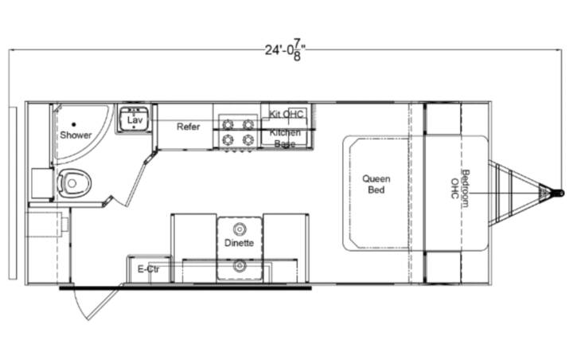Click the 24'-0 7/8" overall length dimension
286,49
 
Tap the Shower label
76,135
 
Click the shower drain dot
74,124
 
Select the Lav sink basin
134,119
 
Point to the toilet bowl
74,183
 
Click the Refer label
188,127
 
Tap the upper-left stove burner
228,125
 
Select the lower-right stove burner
248,139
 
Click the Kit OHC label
286,114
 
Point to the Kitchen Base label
285,138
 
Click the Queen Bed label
376,184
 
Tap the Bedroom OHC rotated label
460,189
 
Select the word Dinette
239,243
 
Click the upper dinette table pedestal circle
240,229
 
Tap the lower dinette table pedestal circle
240,265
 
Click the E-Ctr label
148,269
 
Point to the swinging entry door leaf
103,303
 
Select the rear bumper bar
13,194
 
